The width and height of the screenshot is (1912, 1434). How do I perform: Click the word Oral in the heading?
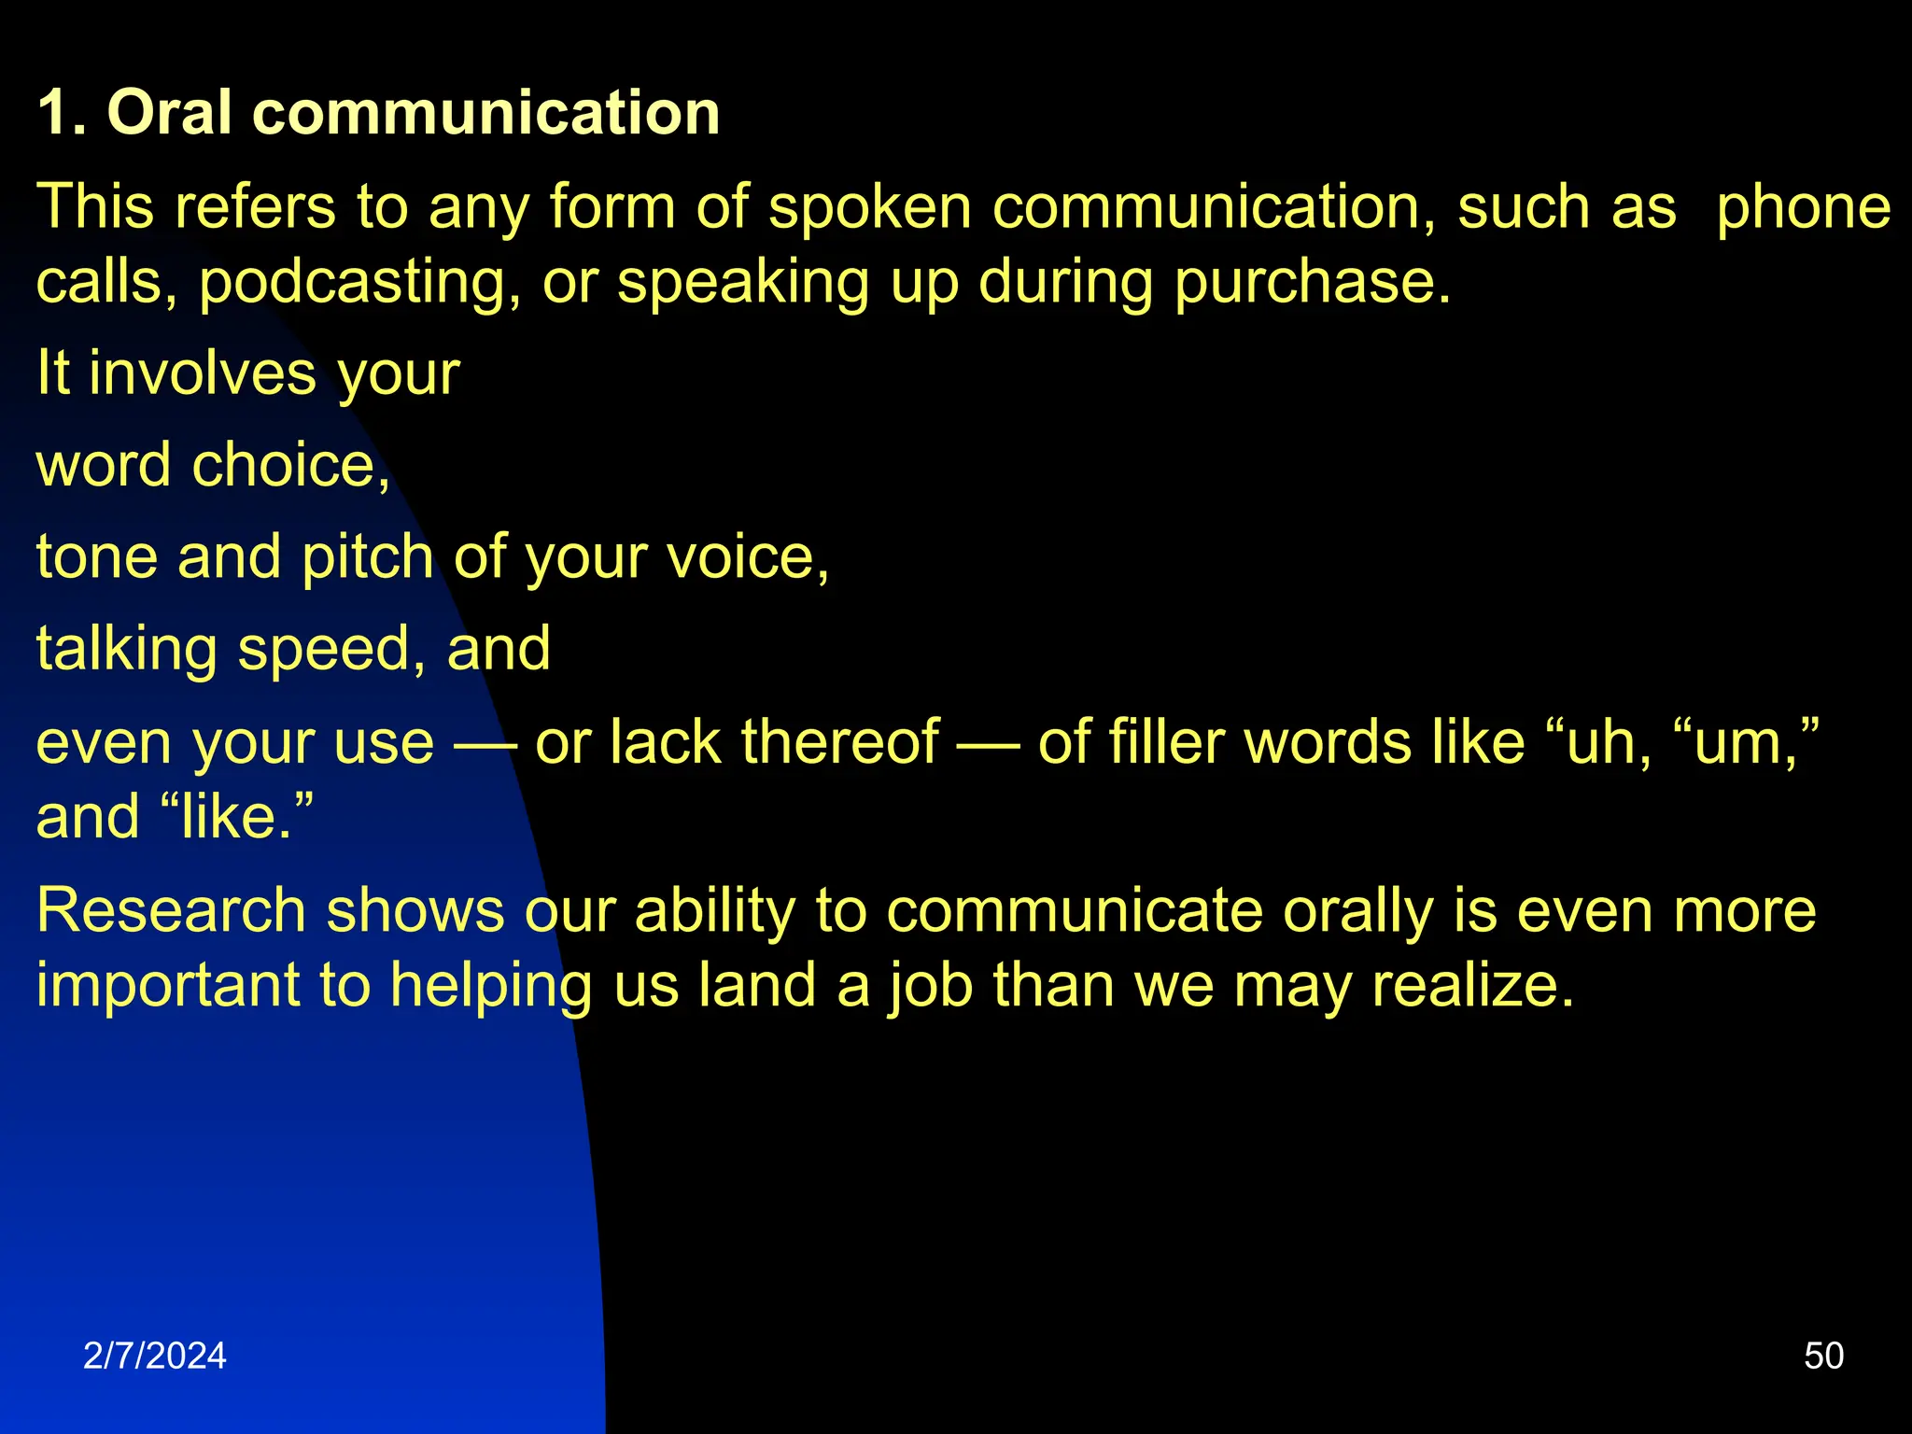click(169, 113)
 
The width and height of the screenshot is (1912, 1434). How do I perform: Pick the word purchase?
click(1312, 282)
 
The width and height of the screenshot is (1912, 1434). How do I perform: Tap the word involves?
click(203, 373)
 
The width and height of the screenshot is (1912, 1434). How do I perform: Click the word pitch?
click(368, 557)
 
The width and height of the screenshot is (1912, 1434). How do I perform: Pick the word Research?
click(171, 910)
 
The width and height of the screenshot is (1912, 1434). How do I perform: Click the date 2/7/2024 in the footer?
click(155, 1356)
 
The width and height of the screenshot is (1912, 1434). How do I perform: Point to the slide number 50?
click(1823, 1356)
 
